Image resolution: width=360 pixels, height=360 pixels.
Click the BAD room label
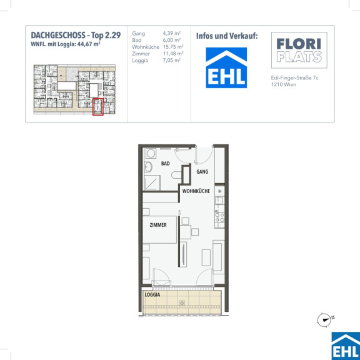(165, 164)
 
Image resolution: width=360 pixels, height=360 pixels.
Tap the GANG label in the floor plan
(202, 171)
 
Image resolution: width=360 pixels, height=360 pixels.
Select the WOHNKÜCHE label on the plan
(196, 191)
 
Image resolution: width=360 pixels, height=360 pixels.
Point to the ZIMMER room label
(158, 225)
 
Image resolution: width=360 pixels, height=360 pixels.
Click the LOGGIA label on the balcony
(152, 295)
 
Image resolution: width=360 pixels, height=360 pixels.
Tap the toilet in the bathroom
(176, 175)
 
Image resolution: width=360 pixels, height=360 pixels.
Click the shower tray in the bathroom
(152, 182)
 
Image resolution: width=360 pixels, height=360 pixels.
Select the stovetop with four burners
(219, 217)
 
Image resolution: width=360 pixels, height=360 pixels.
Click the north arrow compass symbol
(324, 319)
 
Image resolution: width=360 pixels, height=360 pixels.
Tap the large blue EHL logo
(226, 67)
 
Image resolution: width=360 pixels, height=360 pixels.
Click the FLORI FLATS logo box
(299, 50)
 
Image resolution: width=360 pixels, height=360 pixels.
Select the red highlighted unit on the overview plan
(98, 107)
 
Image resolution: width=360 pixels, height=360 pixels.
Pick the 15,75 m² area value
(173, 47)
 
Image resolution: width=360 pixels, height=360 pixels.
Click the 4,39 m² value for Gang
(172, 33)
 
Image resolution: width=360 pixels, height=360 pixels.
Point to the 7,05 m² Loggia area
(172, 61)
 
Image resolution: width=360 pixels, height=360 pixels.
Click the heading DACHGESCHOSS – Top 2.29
(76, 36)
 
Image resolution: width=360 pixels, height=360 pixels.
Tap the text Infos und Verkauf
(227, 36)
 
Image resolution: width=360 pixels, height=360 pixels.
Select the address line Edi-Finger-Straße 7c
(294, 78)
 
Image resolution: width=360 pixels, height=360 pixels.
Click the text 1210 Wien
(284, 84)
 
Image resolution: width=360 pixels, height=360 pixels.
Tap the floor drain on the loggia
(182, 303)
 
